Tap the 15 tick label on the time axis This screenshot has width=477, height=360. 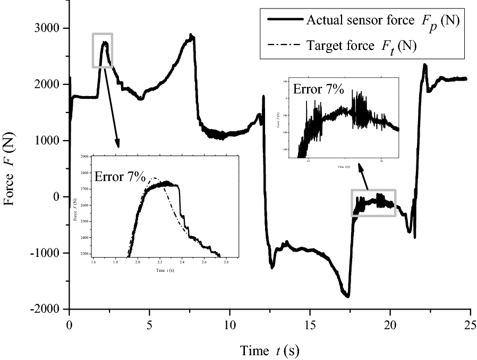tap(310, 324)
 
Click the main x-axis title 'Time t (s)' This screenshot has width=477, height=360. tap(269, 350)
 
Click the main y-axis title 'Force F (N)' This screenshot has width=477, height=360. tap(12, 168)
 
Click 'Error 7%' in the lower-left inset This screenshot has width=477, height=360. tap(120, 177)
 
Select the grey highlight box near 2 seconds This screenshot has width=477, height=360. tap(103, 50)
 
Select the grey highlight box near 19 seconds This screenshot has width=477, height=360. tap(373, 203)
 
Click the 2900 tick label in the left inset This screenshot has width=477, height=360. tap(84, 158)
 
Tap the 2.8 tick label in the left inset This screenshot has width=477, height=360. tap(226, 262)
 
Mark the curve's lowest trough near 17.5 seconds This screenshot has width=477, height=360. tap(348, 296)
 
